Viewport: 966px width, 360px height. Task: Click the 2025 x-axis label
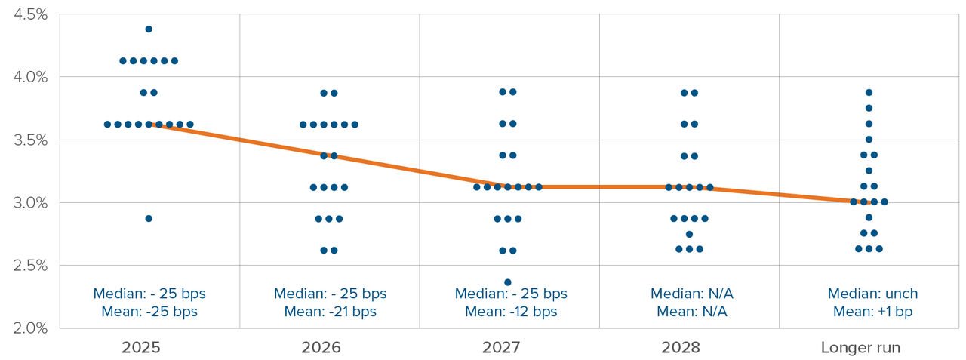coord(149,348)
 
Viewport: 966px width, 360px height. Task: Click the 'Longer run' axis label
coord(860,348)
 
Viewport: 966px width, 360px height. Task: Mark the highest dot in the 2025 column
coord(149,29)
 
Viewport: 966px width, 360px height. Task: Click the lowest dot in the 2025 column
coord(149,218)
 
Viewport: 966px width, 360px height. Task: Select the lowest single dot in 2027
coord(507,282)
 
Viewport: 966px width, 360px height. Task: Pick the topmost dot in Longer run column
coord(869,92)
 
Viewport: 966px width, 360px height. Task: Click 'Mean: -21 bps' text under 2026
coord(330,312)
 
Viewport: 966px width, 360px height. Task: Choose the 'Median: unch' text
coord(872,294)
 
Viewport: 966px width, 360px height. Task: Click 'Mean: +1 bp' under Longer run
coord(872,312)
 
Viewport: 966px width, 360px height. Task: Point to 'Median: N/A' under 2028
coord(691,294)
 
